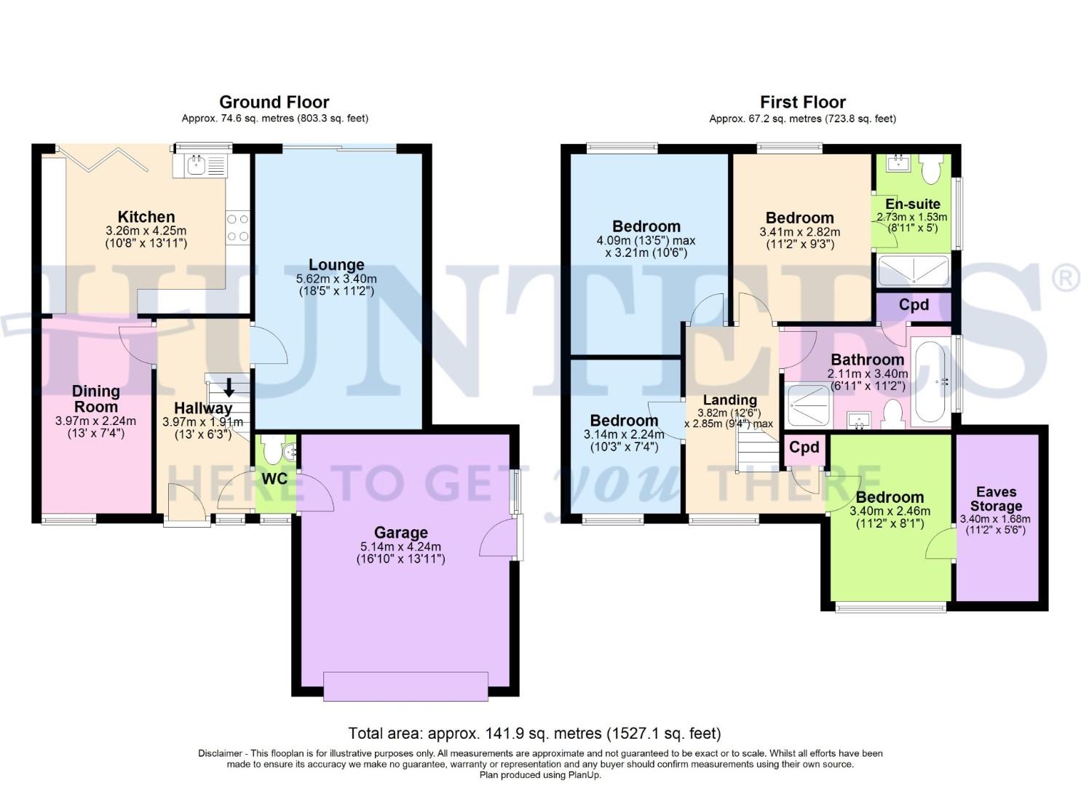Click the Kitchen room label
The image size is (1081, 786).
(x=146, y=217)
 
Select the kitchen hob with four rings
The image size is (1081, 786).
(x=238, y=227)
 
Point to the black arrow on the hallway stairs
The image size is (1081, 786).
(x=229, y=386)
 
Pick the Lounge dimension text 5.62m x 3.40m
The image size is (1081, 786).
(x=336, y=279)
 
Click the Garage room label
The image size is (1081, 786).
(x=400, y=533)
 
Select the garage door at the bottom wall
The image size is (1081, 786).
(x=405, y=686)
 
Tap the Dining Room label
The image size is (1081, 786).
(x=95, y=399)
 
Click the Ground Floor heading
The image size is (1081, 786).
(x=274, y=102)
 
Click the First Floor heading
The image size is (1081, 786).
(x=803, y=102)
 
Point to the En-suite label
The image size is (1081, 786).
(x=912, y=204)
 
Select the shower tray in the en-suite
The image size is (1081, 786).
(x=914, y=271)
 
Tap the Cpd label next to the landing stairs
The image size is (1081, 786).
(x=804, y=448)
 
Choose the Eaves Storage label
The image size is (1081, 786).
(x=996, y=499)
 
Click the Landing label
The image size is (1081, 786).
(x=729, y=400)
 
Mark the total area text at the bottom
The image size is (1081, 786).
(x=534, y=733)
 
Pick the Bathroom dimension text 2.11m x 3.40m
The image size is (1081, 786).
(x=867, y=373)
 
